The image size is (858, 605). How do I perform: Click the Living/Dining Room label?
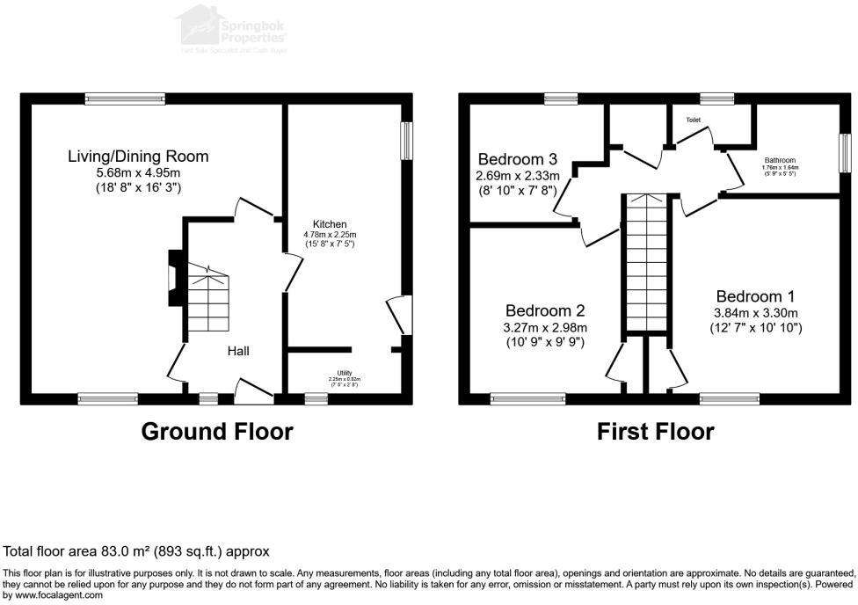pos(138,157)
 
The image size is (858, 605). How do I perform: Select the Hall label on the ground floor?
pos(238,351)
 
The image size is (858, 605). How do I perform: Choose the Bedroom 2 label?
pos(546,310)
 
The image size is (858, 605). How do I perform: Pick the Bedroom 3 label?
pos(518,159)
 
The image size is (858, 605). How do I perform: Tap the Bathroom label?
pos(780,161)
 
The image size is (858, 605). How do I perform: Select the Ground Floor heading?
pos(217,432)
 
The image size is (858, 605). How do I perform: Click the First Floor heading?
pos(655,432)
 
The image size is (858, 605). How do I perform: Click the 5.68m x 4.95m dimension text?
pos(138,172)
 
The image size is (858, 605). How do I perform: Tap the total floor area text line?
pos(136,551)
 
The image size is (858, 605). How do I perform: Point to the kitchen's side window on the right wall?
pos(407,141)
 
